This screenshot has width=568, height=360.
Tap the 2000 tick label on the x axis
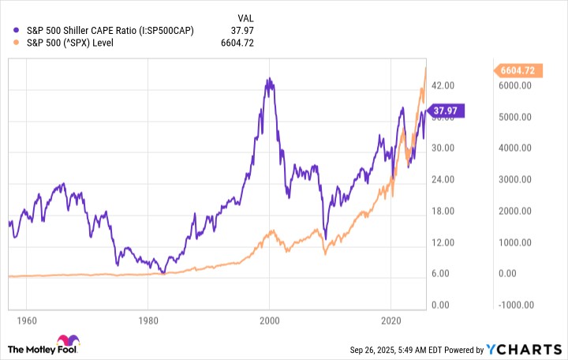270,322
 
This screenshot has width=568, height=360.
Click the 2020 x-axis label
392,322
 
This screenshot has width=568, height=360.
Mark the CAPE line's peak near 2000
269,79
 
